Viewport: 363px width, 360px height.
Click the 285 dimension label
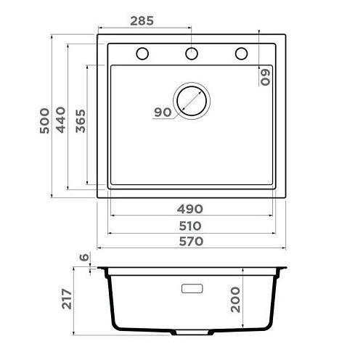pyautogui.click(x=142, y=21)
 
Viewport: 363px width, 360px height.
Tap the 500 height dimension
pyautogui.click(x=45, y=120)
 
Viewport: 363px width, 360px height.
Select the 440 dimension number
pyautogui.click(x=61, y=120)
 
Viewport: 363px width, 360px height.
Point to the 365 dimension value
pyautogui.click(x=81, y=121)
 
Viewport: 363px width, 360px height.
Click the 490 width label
pyautogui.click(x=190, y=209)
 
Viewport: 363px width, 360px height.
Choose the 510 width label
pyautogui.click(x=190, y=226)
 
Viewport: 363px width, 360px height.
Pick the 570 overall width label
pyautogui.click(x=191, y=242)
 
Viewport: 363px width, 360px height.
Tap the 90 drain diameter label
pyautogui.click(x=163, y=112)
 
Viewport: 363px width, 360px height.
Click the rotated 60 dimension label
pyautogui.click(x=265, y=78)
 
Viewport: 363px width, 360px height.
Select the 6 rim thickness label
pyautogui.click(x=84, y=257)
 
